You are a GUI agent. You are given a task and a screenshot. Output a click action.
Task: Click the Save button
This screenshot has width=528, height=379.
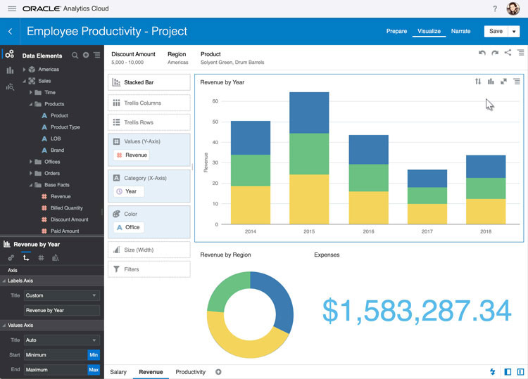coord(496,31)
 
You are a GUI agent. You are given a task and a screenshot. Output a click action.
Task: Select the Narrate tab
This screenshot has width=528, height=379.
coord(460,31)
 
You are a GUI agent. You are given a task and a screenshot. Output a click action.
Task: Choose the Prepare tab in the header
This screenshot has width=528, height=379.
coord(396,31)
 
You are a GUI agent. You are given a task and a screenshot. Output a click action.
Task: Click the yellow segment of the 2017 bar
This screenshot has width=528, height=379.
coord(427,214)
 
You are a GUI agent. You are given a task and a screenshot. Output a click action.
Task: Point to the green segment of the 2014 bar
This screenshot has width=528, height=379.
coord(250,170)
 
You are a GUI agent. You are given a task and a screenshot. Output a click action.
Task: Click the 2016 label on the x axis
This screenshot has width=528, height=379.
coord(368,231)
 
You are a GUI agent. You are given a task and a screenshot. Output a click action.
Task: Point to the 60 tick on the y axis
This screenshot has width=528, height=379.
coord(215,101)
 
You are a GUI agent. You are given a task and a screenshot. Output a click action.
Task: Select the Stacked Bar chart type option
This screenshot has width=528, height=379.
coord(149,82)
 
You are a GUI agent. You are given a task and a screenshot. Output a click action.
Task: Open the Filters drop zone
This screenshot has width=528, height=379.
coord(149,269)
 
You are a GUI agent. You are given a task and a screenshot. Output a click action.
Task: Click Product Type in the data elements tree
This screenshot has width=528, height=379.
coord(65,127)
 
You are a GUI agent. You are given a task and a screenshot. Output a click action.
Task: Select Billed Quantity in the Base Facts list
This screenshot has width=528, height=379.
coord(66,208)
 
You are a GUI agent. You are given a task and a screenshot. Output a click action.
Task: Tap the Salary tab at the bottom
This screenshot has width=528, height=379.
coord(118,372)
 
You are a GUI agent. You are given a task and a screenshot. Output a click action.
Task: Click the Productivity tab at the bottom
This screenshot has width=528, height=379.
coord(190,372)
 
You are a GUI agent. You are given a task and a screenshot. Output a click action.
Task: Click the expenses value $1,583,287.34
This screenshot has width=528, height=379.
coord(417,311)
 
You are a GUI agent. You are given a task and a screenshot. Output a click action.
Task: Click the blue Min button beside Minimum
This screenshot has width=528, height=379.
coord(94,355)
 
